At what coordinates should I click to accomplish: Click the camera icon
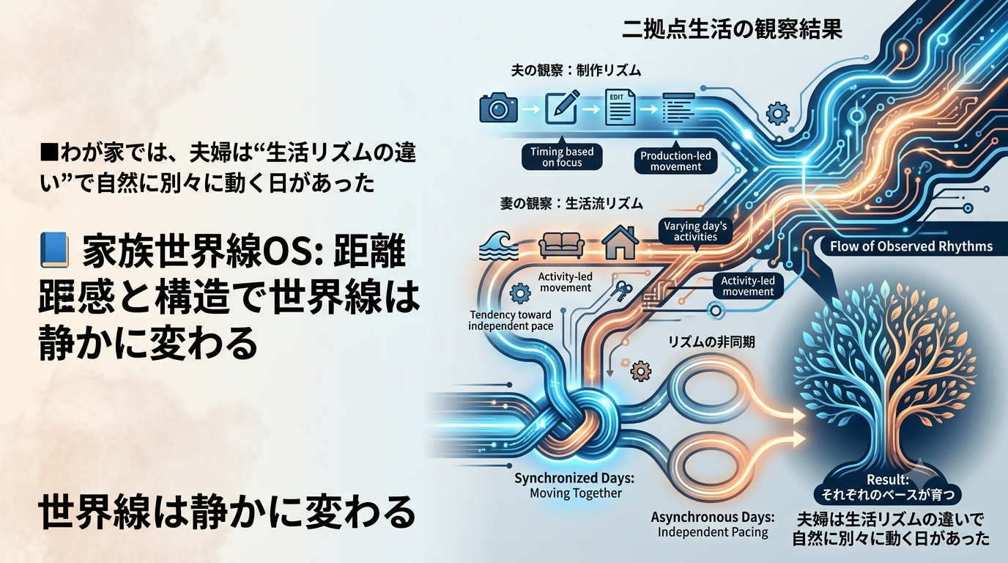[x=499, y=107]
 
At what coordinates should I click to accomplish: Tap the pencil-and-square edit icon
[x=562, y=107]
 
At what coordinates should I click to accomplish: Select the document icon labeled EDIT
[x=620, y=107]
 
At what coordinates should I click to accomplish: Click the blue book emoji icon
[x=54, y=250]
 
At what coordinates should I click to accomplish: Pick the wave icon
[x=499, y=246]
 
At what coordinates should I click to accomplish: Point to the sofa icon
[x=562, y=246]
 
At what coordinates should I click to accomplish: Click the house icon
[x=620, y=243]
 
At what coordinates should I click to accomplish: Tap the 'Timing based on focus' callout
[x=562, y=157]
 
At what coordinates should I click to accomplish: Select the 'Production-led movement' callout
[x=675, y=161]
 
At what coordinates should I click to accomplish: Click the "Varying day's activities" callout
[x=694, y=231]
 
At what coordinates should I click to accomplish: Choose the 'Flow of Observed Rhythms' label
[x=911, y=246]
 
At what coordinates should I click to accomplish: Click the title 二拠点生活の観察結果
[x=732, y=30]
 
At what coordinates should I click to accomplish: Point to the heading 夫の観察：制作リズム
[x=576, y=70]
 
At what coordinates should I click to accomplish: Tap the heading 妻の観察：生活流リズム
[x=571, y=204]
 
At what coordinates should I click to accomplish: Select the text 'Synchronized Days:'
[x=574, y=478]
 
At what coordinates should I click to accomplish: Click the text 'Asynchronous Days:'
[x=713, y=517]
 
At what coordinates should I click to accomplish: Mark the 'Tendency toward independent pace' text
[x=511, y=320]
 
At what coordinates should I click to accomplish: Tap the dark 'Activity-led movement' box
[x=748, y=286]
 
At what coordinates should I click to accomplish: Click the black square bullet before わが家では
[x=48, y=153]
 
